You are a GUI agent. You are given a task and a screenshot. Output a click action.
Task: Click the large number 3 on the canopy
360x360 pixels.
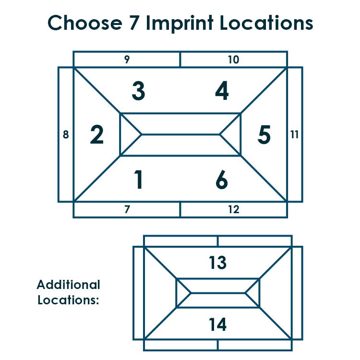pyautogui.click(x=138, y=91)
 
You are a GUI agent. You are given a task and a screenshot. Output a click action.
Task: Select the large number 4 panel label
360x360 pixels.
pyautogui.click(x=222, y=91)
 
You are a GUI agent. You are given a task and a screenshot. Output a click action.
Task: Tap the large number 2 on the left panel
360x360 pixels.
pyautogui.click(x=97, y=134)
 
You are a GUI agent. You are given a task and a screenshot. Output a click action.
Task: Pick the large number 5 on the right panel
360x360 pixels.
pyautogui.click(x=264, y=134)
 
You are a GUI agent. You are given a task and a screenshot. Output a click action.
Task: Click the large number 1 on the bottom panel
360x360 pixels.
pyautogui.click(x=138, y=180)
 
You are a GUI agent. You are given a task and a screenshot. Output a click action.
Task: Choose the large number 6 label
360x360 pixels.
pyautogui.click(x=222, y=180)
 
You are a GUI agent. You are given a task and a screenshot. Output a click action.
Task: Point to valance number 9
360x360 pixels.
pyautogui.click(x=127, y=59)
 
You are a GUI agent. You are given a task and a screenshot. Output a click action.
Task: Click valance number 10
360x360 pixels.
pyautogui.click(x=234, y=60)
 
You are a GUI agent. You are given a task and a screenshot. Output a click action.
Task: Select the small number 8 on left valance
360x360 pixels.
pyautogui.click(x=66, y=134)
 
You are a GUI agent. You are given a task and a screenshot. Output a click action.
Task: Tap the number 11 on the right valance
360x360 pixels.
pyautogui.click(x=294, y=134)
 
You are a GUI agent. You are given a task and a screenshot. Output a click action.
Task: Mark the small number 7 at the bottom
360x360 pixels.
pyautogui.click(x=127, y=209)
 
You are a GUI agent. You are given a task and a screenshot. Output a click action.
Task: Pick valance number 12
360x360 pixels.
pyautogui.click(x=234, y=209)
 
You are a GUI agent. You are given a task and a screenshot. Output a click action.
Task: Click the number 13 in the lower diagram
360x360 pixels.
pyautogui.click(x=217, y=263)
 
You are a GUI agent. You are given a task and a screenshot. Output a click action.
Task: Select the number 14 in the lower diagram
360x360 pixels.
pyautogui.click(x=217, y=324)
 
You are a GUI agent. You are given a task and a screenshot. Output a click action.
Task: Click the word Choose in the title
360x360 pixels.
pyautogui.click(x=85, y=23)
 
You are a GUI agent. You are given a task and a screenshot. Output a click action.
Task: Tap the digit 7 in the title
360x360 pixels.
pyautogui.click(x=134, y=23)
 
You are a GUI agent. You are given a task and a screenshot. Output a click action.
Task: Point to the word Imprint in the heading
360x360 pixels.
pyautogui.click(x=180, y=24)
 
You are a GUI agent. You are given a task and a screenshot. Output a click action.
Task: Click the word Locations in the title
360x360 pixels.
pyautogui.click(x=266, y=23)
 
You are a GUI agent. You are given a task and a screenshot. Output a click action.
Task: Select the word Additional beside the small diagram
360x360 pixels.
pyautogui.click(x=69, y=285)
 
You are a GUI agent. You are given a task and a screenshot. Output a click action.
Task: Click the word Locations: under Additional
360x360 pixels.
pyautogui.click(x=68, y=300)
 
